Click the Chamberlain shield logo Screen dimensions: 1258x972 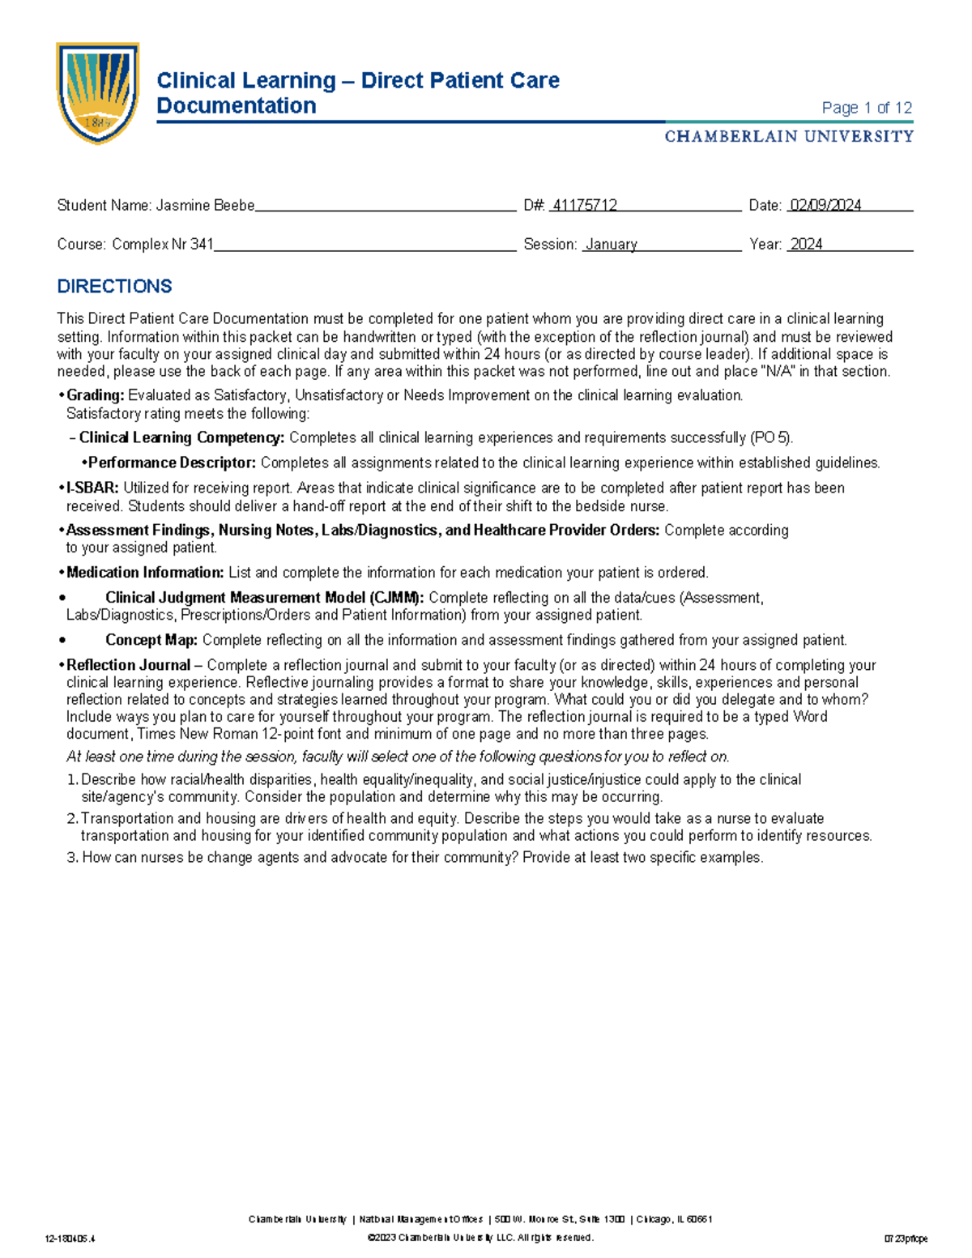[97, 92]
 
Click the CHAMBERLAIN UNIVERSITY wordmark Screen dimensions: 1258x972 [788, 136]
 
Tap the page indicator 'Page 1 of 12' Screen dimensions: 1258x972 [866, 108]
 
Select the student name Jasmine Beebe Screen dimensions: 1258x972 [205, 206]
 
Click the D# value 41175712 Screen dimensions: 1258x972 [584, 206]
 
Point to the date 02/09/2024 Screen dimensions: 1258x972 [825, 206]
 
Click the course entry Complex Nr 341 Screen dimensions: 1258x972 [162, 245]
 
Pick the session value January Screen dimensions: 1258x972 [611, 245]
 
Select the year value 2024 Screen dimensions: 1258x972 [806, 245]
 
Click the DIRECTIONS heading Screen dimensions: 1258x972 [114, 286]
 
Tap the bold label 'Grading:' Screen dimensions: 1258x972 [96, 396]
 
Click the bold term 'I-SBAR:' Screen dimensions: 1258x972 [92, 488]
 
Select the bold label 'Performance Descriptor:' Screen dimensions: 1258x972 [172, 463]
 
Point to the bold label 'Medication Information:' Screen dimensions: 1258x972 [145, 573]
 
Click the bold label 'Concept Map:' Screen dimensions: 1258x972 [151, 640]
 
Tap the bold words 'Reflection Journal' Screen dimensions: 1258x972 [128, 665]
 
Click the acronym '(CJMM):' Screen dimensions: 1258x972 [396, 598]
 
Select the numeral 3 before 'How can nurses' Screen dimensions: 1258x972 [70, 858]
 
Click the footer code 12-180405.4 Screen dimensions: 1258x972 [71, 1239]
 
